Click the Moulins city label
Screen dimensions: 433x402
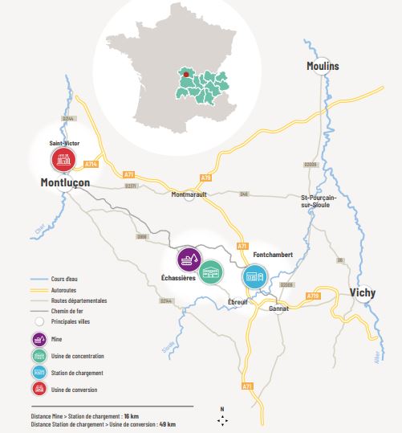tap(323, 65)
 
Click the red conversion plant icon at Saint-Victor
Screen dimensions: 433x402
tap(63, 161)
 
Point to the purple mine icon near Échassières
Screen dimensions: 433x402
tap(189, 259)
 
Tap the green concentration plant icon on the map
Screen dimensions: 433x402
tap(212, 273)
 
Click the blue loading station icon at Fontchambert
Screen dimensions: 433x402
tap(254, 276)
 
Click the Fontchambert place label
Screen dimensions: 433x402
tap(273, 255)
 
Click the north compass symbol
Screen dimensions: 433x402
tap(221, 419)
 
